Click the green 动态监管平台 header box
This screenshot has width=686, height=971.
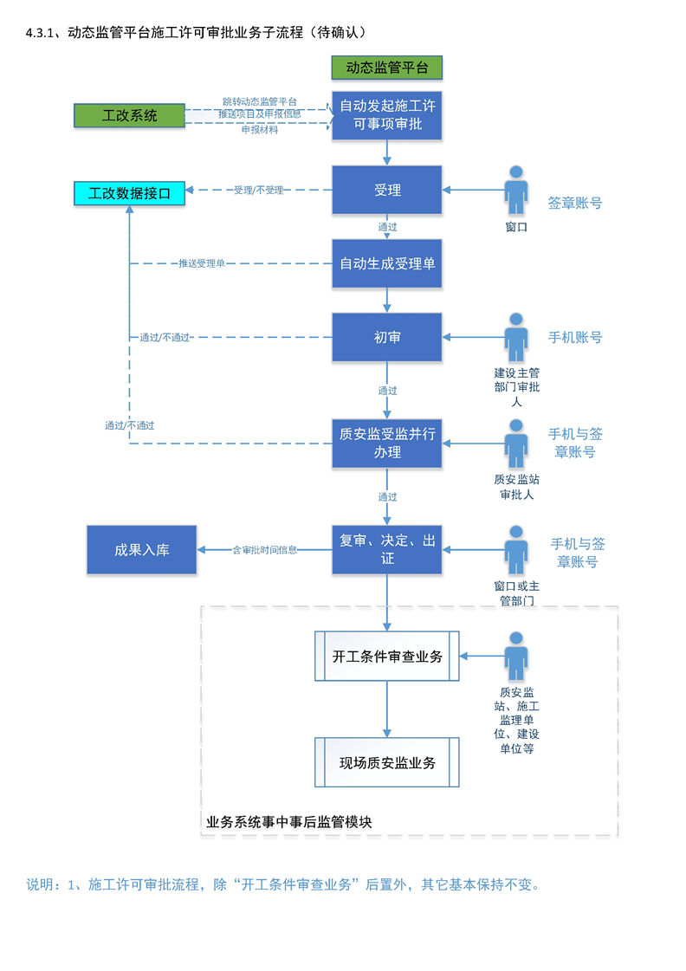(387, 68)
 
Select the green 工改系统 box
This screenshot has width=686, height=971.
(130, 115)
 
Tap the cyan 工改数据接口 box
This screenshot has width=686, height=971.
(130, 192)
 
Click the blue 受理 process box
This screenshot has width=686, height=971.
(387, 190)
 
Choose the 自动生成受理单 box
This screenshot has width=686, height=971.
(387, 263)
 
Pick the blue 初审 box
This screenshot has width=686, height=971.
(387, 337)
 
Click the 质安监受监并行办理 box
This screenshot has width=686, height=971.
(387, 443)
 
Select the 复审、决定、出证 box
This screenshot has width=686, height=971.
(387, 549)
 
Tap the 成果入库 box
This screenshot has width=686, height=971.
(142, 549)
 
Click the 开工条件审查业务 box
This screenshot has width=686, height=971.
(387, 657)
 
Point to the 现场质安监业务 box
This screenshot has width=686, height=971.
(387, 763)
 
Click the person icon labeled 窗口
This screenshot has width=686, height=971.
(517, 191)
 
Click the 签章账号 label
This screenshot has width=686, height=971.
(574, 204)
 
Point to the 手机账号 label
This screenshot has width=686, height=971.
(574, 337)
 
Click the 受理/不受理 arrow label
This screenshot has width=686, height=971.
(258, 190)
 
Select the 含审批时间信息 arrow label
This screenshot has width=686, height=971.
(265, 549)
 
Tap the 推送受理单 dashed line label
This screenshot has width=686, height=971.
(202, 263)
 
